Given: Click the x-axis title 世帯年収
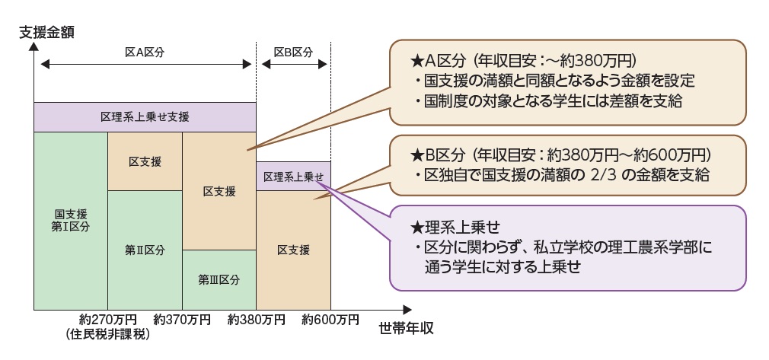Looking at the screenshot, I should click(406, 330).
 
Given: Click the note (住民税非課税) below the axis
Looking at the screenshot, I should click(107, 334).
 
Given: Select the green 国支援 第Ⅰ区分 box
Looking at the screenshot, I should click(71, 221).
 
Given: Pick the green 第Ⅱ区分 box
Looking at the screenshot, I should click(145, 250).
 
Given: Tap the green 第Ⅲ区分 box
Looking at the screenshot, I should click(219, 279).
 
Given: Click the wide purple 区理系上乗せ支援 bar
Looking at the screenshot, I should click(145, 117).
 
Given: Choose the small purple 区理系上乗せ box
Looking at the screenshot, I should click(293, 176).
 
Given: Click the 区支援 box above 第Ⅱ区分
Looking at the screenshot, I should click(145, 161).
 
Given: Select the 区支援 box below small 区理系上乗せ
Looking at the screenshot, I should click(293, 250).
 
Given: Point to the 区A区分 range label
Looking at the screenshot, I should click(145, 52).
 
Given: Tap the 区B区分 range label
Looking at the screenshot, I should click(293, 52).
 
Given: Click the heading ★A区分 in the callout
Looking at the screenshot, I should click(439, 59).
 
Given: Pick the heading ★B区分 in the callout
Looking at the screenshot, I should click(439, 155).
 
